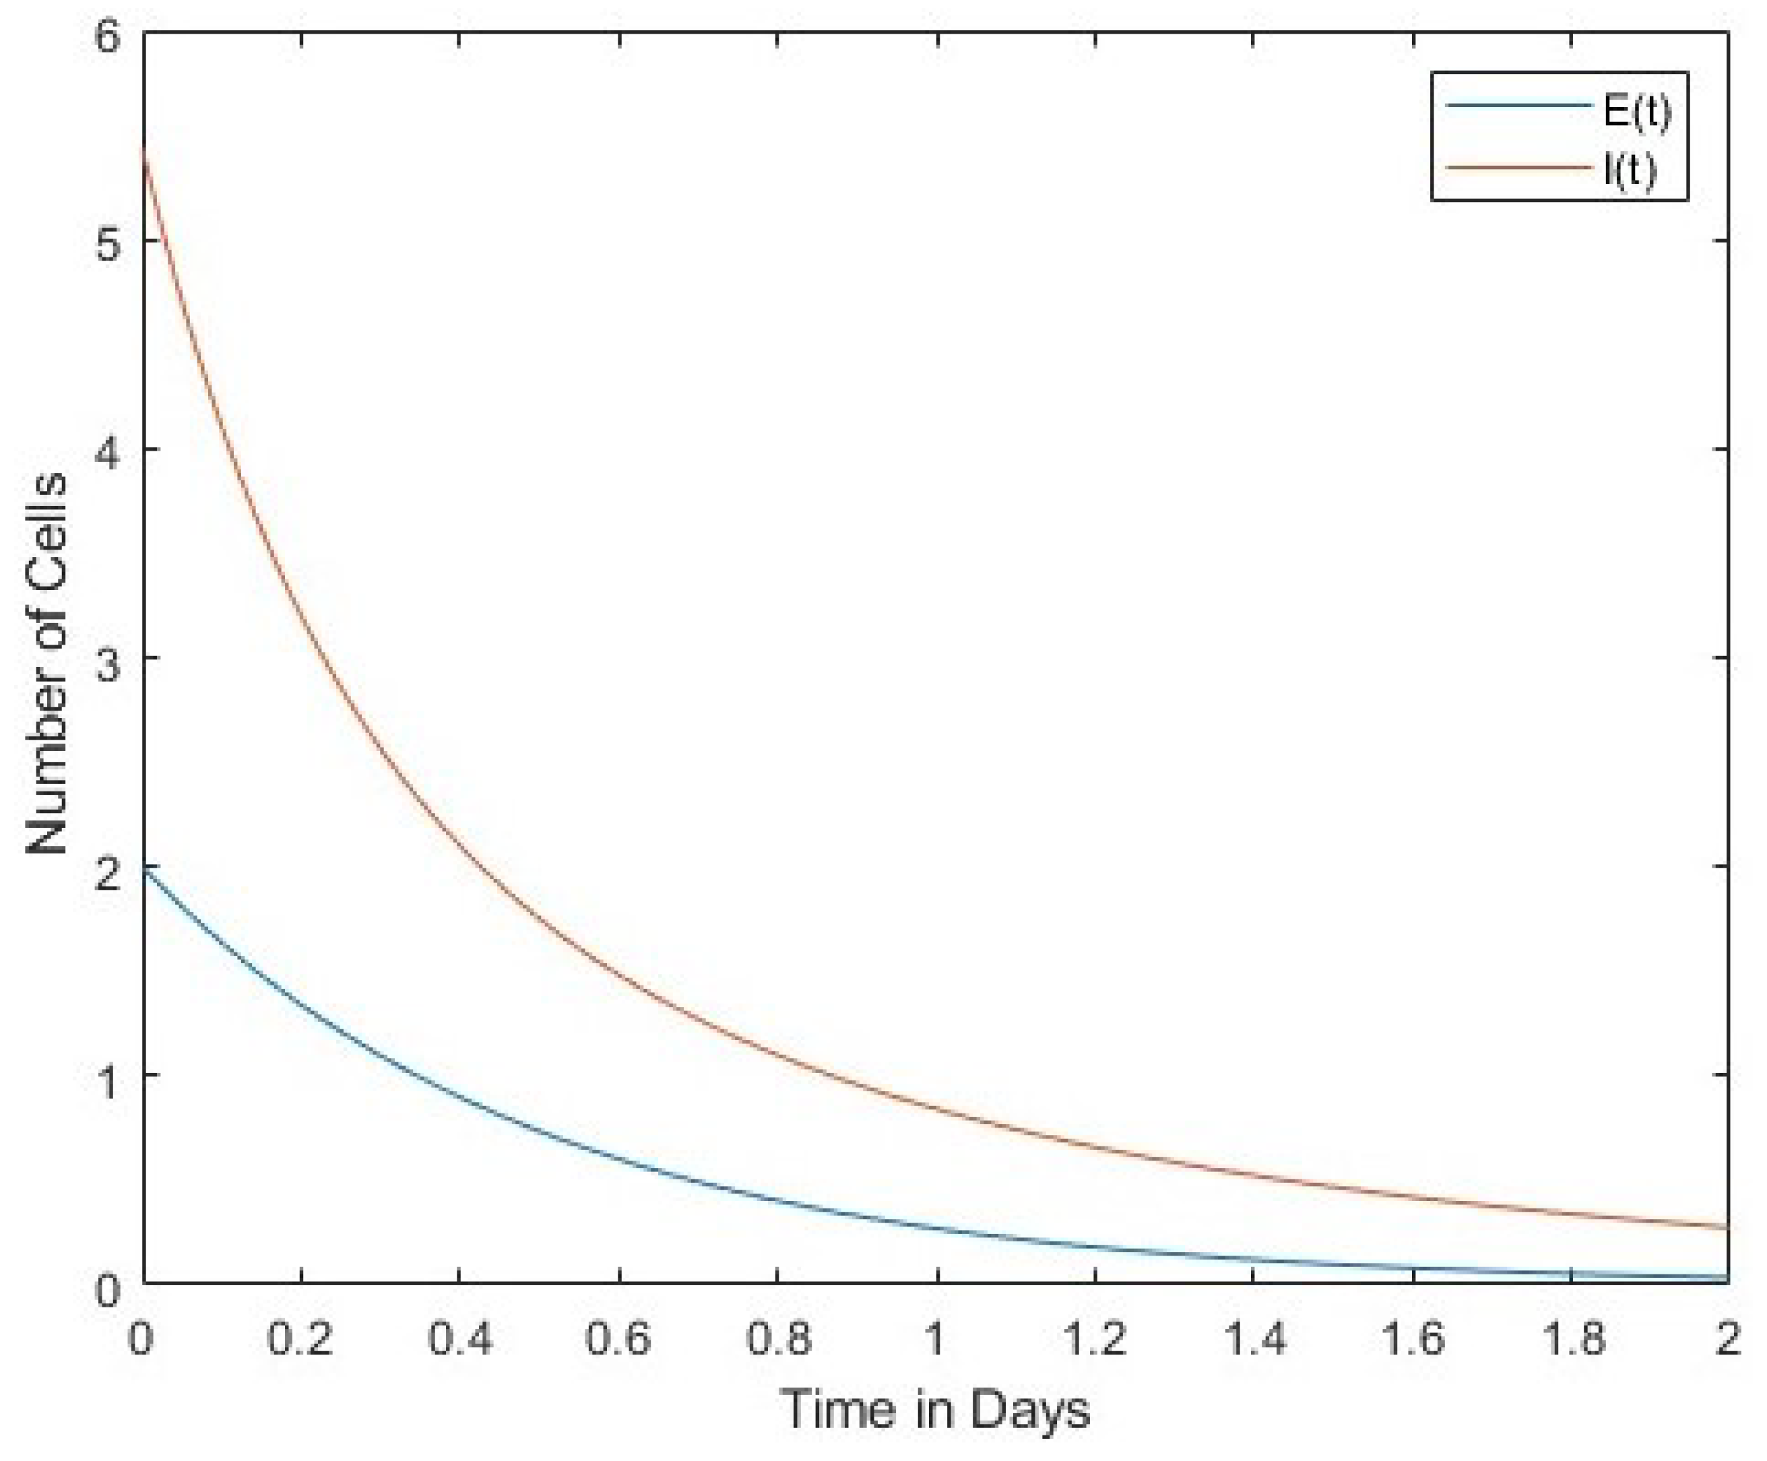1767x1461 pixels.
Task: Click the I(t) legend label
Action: (x=1630, y=170)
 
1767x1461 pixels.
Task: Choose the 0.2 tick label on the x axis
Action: (x=300, y=1337)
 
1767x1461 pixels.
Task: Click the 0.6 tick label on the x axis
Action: (x=618, y=1337)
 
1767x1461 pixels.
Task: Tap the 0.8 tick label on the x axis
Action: (x=778, y=1337)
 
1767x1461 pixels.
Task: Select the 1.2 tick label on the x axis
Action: (x=1095, y=1337)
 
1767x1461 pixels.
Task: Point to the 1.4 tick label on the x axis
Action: (x=1254, y=1337)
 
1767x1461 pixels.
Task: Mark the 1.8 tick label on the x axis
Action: (x=1571, y=1337)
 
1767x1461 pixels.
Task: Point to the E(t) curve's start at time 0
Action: (x=145, y=870)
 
